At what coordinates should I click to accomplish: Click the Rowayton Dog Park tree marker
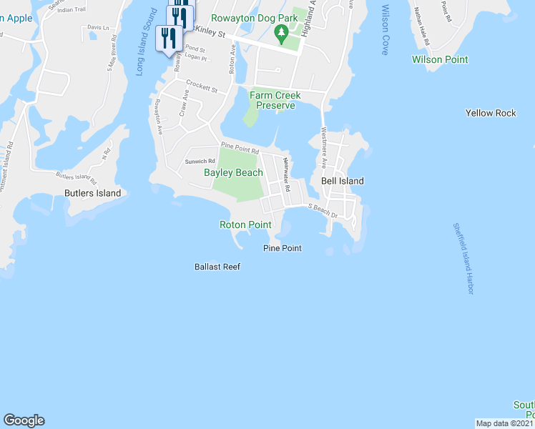282,31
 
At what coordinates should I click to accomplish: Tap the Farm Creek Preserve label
275,100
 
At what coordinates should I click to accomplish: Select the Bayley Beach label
233,172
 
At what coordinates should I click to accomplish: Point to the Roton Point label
245,225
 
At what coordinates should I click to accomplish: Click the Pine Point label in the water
283,248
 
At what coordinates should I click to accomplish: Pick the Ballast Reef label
217,267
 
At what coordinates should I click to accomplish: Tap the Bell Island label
342,181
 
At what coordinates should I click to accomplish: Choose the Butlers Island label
92,193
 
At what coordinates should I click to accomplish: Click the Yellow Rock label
491,113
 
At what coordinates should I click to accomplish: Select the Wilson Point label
440,59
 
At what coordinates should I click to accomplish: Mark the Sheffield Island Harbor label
463,258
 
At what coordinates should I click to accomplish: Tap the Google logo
24,420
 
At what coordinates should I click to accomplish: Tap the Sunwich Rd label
200,161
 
